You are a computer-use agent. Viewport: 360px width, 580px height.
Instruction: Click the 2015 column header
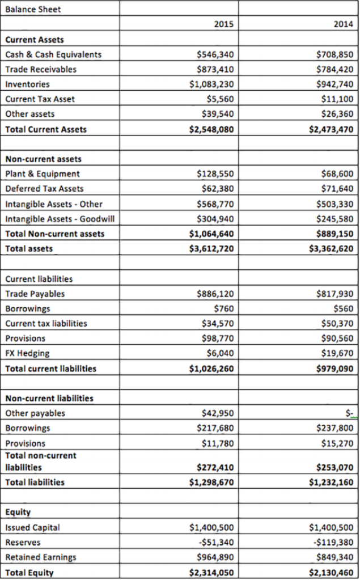(223, 24)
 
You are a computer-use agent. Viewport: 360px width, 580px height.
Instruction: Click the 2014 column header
(343, 24)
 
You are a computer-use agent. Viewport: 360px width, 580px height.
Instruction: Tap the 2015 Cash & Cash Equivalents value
(215, 54)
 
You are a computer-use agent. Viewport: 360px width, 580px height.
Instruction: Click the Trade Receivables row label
(41, 69)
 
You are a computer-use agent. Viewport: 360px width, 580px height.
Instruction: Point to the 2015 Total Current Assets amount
(211, 129)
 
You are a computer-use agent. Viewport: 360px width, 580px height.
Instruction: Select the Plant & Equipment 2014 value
(338, 173)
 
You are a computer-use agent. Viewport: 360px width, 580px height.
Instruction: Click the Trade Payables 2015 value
(215, 294)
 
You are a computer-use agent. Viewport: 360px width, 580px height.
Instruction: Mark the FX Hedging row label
(27, 353)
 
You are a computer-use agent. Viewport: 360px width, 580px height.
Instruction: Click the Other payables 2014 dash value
(349, 413)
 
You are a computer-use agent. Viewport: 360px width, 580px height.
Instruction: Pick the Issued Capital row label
(32, 527)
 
